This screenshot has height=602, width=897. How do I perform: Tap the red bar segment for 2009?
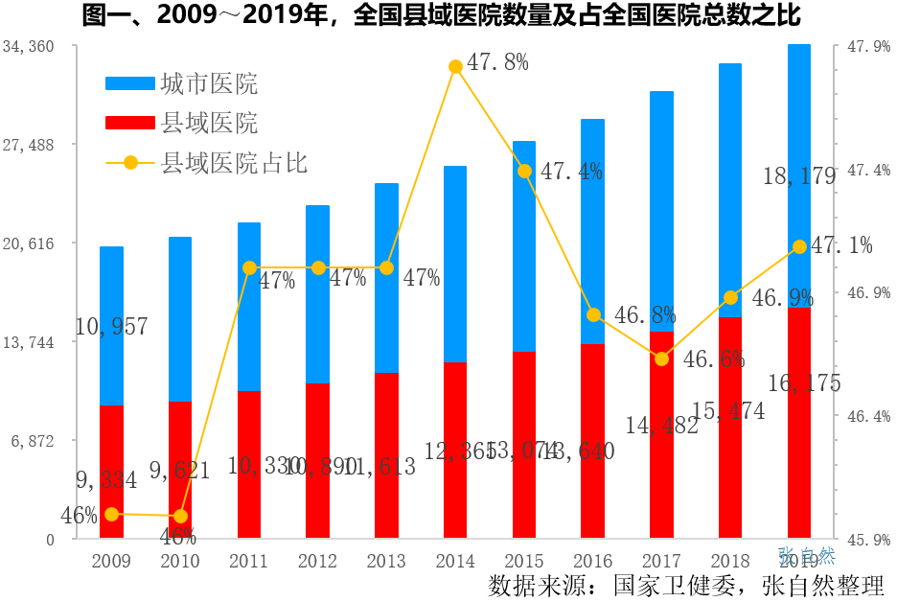point(112,472)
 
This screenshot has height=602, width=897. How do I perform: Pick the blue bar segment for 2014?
point(455,264)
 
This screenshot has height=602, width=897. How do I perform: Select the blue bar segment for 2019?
point(799,175)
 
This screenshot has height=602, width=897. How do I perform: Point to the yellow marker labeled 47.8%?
point(456,66)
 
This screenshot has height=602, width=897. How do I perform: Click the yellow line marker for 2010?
point(181,517)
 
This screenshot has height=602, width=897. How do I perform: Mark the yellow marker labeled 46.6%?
point(661,359)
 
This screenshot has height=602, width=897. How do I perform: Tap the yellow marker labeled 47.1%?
point(799,247)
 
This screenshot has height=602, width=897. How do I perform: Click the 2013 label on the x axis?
point(386,561)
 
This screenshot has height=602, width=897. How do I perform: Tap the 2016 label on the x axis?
point(592,561)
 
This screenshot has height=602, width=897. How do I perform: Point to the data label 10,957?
point(111,327)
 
